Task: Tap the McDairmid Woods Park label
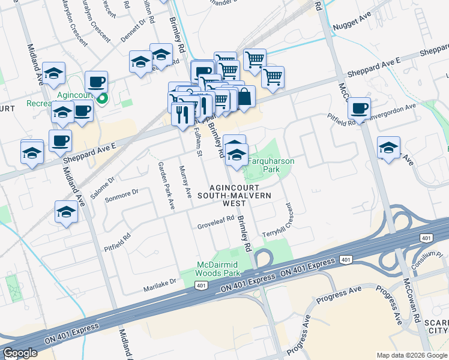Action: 219,268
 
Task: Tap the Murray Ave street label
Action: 185,182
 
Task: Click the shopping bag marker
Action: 245,96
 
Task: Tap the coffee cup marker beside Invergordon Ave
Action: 359,108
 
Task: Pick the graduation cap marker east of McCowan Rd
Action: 388,148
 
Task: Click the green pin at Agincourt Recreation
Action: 103,98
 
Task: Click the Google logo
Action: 19,353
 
